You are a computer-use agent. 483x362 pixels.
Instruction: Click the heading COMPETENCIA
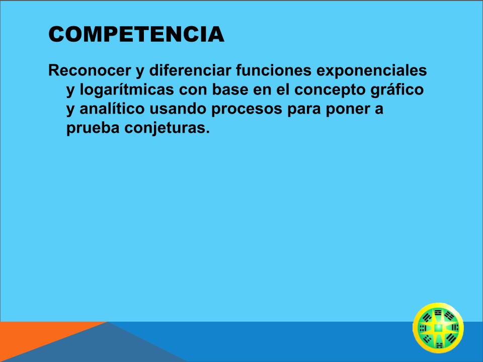pyautogui.click(x=136, y=34)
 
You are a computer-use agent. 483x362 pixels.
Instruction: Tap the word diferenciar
pyautogui.click(x=190, y=70)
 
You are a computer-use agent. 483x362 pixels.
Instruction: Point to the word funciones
pyautogui.click(x=274, y=70)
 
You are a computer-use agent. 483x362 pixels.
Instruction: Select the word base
pyautogui.click(x=230, y=89)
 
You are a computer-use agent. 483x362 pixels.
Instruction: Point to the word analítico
pyautogui.click(x=112, y=109)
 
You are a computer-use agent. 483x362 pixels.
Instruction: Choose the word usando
pyautogui.click(x=178, y=109)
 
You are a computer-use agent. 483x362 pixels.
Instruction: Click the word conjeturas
pyautogui.click(x=167, y=128)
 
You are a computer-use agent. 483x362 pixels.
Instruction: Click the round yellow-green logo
pyautogui.click(x=438, y=328)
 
